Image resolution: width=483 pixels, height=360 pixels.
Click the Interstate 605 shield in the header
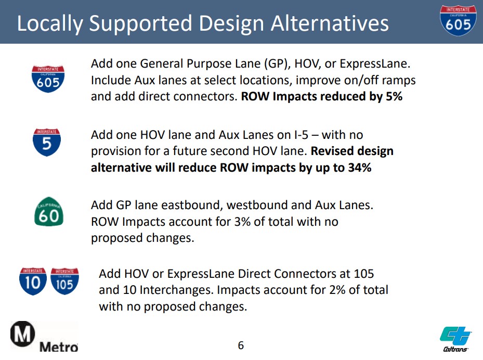(x=458, y=20)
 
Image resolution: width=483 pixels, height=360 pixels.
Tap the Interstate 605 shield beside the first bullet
(x=48, y=79)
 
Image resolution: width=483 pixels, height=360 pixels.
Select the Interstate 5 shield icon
(x=47, y=142)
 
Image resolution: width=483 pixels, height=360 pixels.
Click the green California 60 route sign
(x=49, y=212)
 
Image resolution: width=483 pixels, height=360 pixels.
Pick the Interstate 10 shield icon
(x=33, y=281)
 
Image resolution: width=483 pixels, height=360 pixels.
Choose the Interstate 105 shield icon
(x=64, y=281)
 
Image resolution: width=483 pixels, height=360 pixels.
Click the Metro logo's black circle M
(x=22, y=334)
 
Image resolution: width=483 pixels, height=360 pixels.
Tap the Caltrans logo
(x=455, y=339)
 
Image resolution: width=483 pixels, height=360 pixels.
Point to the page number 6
(x=241, y=345)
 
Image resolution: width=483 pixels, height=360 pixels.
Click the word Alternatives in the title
(x=330, y=23)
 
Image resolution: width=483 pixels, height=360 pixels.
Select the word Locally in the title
(x=50, y=24)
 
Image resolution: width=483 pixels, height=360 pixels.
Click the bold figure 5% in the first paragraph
(x=394, y=96)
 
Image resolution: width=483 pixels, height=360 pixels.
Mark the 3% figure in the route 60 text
(x=242, y=222)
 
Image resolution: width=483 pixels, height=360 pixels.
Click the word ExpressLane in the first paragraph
(x=375, y=64)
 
